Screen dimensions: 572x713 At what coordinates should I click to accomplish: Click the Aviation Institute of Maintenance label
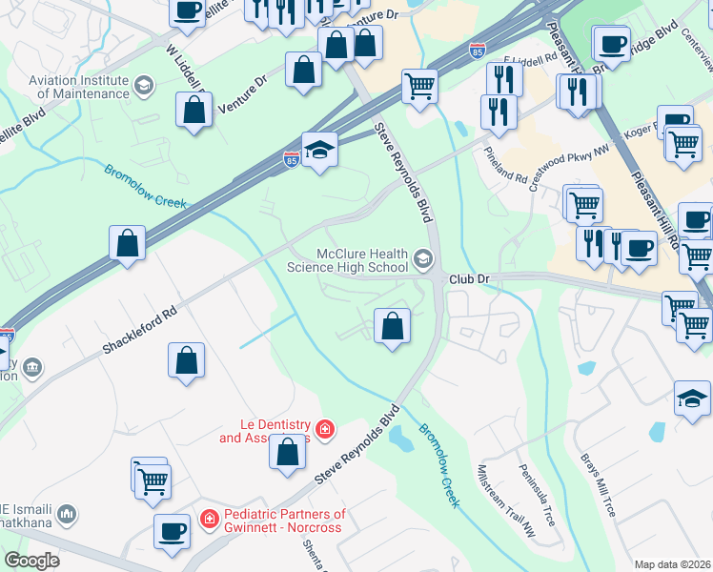coord(78,87)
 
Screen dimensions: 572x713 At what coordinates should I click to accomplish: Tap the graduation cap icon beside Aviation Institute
coord(144,87)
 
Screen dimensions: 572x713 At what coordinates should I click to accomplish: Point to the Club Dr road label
coord(469,278)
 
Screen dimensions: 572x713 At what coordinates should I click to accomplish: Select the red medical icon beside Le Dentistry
coord(326,430)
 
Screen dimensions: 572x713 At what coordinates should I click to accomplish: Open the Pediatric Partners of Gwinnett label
coord(284,521)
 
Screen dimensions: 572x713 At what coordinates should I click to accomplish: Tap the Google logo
coord(31,560)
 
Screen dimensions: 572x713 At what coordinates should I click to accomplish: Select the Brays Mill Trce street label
coord(599,484)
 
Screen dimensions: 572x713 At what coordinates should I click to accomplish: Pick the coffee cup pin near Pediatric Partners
coord(172,531)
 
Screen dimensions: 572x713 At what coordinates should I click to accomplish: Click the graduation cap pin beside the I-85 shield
coord(320,149)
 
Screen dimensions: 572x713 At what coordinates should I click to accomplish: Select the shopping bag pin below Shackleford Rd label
coord(187,360)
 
